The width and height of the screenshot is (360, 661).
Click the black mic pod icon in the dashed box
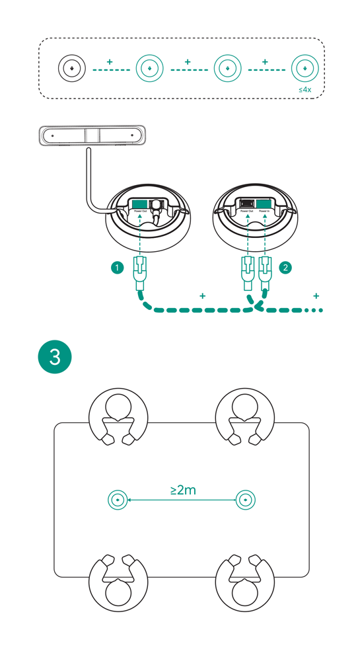click(x=71, y=67)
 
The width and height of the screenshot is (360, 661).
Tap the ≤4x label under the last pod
click(x=304, y=89)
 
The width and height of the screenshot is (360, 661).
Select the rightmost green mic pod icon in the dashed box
click(x=304, y=67)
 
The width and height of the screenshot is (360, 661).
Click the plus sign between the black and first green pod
click(x=110, y=62)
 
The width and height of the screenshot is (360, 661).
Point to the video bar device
click(x=91, y=136)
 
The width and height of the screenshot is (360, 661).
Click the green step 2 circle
click(x=285, y=268)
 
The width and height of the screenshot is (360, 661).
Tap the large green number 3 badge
click(x=55, y=357)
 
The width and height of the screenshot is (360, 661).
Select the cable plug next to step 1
click(x=140, y=272)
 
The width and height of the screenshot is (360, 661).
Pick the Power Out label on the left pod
click(x=140, y=211)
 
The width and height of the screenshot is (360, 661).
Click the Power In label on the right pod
click(x=265, y=211)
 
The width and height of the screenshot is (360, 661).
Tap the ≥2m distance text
click(x=183, y=490)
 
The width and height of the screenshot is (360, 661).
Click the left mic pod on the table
click(x=118, y=500)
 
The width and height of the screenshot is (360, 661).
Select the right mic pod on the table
click(x=245, y=500)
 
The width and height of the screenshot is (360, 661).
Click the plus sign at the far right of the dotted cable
click(x=316, y=295)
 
